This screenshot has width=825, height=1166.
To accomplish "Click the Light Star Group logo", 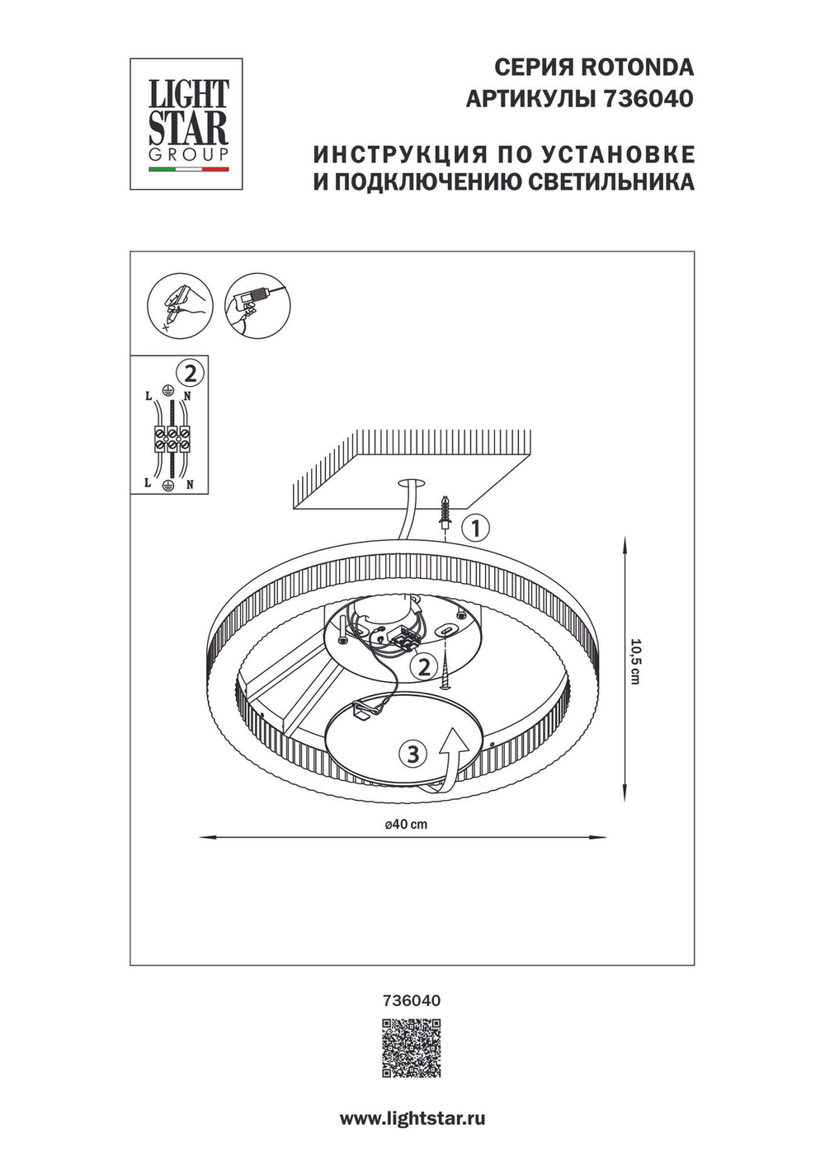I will (186, 124).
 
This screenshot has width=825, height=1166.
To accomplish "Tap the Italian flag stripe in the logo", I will (188, 169).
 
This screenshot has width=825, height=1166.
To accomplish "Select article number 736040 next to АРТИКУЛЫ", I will (648, 99).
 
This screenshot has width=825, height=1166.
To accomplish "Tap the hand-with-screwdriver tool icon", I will (179, 305).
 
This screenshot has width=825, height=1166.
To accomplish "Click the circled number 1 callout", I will (476, 527).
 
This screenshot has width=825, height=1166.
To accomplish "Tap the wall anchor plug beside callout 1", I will (446, 512).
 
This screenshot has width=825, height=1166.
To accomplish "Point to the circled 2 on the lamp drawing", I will (424, 666).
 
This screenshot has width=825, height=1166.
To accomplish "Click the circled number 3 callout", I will (413, 753).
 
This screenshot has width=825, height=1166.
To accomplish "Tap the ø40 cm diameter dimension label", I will (406, 824).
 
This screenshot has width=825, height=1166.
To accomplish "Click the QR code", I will (411, 1048).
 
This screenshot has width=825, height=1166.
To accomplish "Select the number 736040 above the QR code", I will (412, 1000).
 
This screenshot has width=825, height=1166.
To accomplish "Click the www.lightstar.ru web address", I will (412, 1119).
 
